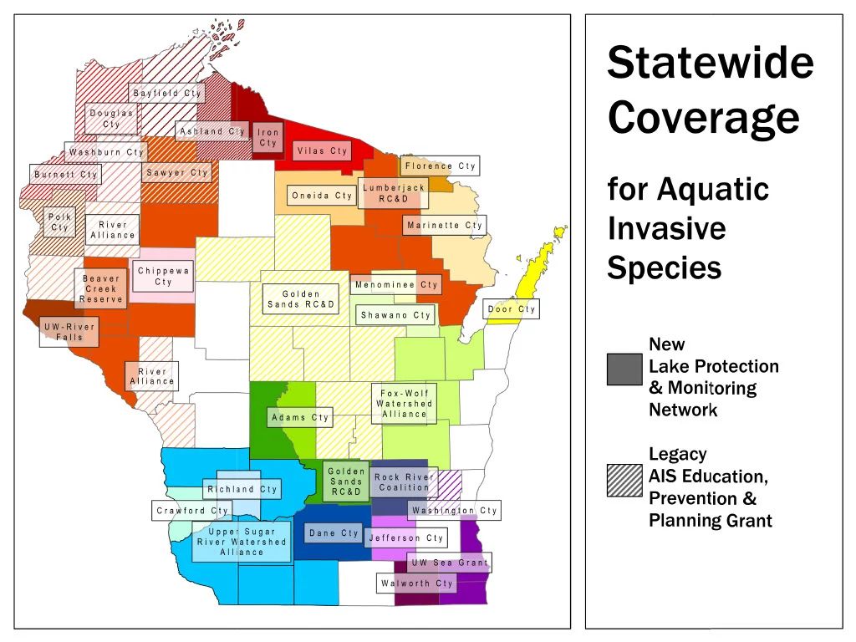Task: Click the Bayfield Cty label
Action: (167, 93)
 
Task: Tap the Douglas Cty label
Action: (111, 118)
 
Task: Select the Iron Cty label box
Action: (267, 137)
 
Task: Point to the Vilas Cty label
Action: (322, 151)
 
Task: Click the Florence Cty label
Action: (440, 166)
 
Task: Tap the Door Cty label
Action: (512, 309)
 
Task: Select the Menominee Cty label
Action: (396, 285)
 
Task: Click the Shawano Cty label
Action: (395, 315)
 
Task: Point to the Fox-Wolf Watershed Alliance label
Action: (405, 403)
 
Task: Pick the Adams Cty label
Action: (300, 417)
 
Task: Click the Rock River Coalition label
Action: (404, 482)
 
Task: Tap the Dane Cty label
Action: (334, 532)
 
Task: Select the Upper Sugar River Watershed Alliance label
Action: (242, 542)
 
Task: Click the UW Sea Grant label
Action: (450, 563)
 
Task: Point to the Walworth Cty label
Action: (417, 583)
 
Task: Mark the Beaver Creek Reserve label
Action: (101, 288)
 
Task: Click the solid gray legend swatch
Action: (624, 369)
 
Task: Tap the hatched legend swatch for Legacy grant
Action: (624, 482)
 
